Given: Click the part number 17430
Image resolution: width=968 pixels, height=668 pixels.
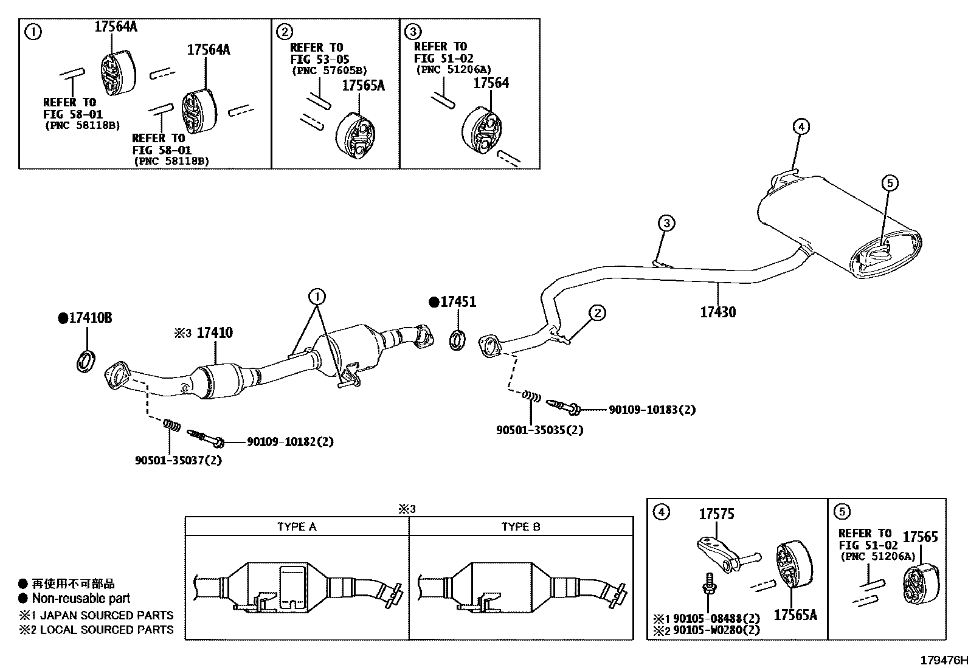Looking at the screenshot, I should tap(717, 312).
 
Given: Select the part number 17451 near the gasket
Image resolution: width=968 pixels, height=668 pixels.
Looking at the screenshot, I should tap(458, 302).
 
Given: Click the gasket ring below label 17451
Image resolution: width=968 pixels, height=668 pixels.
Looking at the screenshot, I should tap(458, 340).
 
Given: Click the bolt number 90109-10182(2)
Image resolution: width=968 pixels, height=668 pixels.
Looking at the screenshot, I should tap(290, 442).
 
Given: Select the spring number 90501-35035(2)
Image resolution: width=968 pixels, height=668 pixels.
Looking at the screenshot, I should tap(539, 430).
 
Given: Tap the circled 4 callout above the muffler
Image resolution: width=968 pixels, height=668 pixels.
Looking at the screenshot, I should tap(801, 126).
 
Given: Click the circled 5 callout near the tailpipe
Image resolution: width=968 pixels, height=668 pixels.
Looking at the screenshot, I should tap(888, 182).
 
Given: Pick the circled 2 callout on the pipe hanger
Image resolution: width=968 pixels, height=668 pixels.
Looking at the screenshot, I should tap(597, 313).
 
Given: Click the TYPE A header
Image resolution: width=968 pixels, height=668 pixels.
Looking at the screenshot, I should tap(296, 526).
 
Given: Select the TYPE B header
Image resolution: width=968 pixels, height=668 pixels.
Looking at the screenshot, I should tap(520, 526).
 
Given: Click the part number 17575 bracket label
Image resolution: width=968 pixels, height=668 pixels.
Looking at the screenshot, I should tap(716, 514).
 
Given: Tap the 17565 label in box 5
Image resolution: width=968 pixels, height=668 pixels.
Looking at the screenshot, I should tap(920, 537).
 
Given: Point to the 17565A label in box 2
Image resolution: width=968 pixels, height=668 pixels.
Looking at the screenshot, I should tap(363, 86).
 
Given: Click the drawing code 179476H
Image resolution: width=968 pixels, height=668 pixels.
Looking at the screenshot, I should tap(942, 660).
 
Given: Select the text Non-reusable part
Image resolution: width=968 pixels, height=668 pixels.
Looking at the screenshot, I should tap(81, 598).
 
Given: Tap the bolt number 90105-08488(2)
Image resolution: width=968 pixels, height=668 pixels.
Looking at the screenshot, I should tap(716, 619).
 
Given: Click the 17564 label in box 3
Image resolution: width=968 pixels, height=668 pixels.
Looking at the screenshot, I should tap(491, 83).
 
